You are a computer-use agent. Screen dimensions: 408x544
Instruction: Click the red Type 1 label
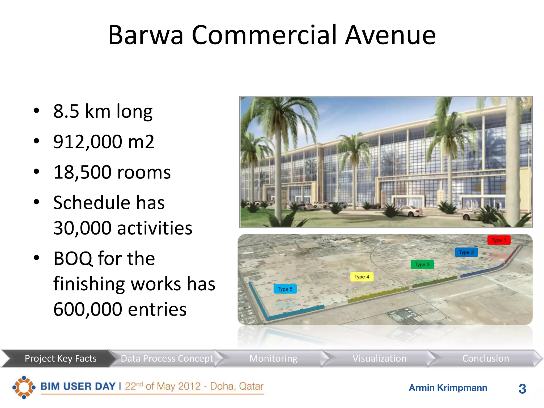(x=499, y=240)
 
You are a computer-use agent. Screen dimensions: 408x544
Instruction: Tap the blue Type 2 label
(x=466, y=252)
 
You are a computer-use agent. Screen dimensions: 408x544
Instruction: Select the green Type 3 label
(x=422, y=265)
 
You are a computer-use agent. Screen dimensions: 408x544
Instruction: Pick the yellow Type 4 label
(x=362, y=277)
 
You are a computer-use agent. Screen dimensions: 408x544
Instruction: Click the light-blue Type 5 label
(x=285, y=289)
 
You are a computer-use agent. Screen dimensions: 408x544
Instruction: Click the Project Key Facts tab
(x=61, y=358)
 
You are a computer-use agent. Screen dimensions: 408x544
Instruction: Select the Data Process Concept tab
(x=167, y=358)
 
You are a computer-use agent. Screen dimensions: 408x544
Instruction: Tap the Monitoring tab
(x=273, y=358)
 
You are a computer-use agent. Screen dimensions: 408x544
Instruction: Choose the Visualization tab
(x=379, y=358)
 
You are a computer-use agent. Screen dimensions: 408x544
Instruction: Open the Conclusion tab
(x=486, y=358)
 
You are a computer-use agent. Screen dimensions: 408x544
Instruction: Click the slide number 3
(x=522, y=389)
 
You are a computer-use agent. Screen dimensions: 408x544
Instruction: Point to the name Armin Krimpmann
(x=448, y=388)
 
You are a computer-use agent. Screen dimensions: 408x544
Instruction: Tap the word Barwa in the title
(x=146, y=35)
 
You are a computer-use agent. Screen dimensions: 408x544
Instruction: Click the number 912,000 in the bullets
(x=88, y=142)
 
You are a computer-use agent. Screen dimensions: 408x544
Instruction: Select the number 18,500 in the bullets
(x=82, y=172)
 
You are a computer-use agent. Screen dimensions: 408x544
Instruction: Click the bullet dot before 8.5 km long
(x=36, y=111)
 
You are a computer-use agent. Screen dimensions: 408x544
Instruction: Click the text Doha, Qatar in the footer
(x=236, y=386)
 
